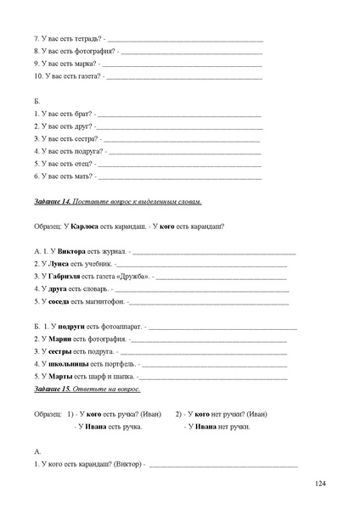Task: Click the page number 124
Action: [x=319, y=484]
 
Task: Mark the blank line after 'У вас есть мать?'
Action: [x=179, y=176]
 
